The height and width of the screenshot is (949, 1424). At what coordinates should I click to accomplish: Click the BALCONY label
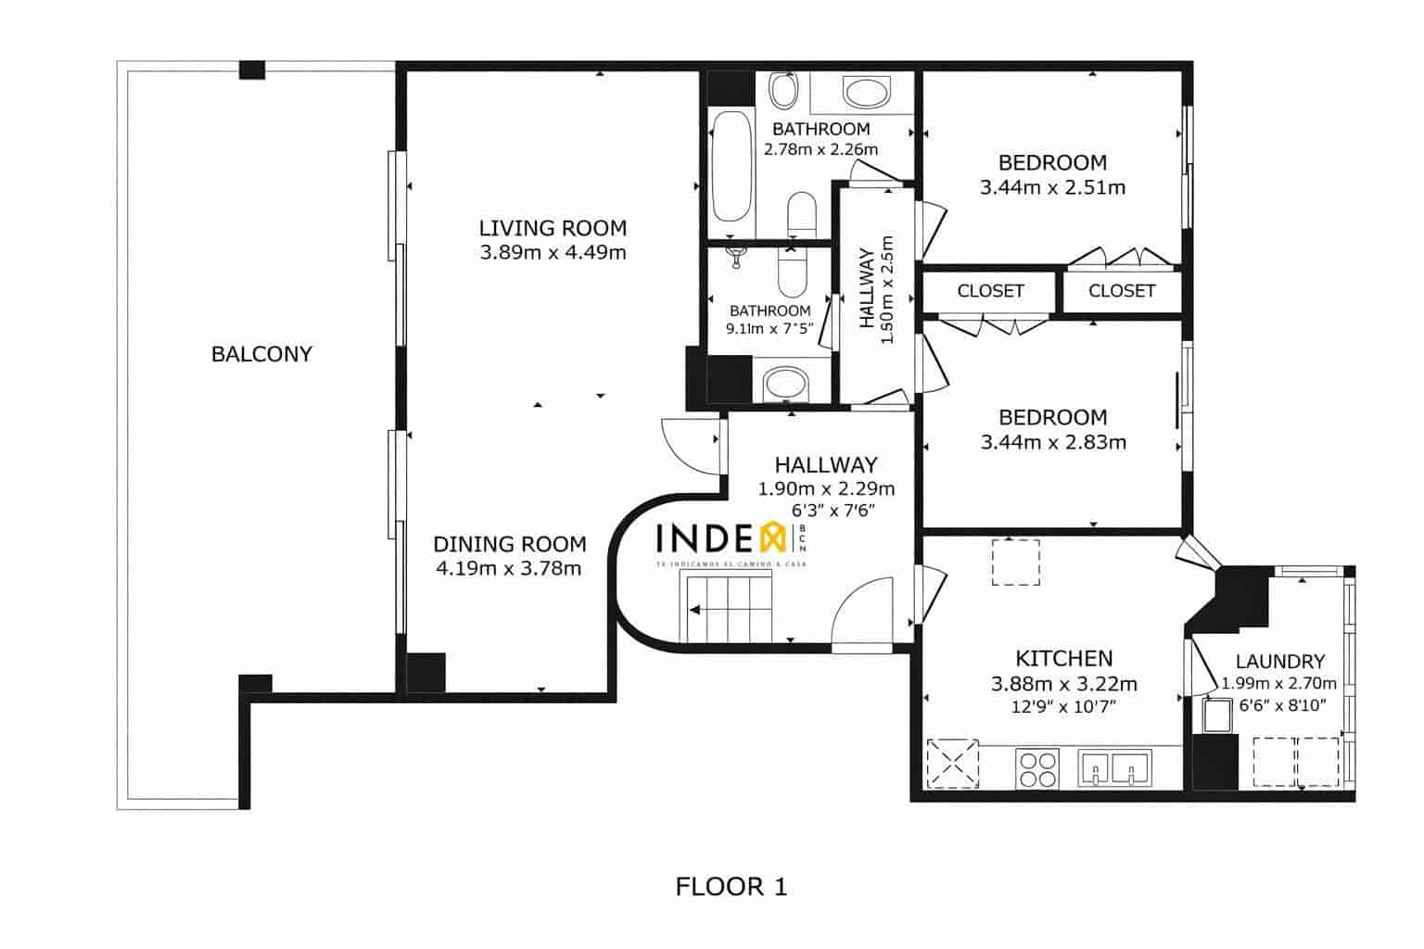coord(261,354)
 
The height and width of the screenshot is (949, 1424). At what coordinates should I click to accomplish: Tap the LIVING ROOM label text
coord(553,228)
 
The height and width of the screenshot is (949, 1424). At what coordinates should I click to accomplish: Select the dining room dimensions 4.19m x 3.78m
coord(508,568)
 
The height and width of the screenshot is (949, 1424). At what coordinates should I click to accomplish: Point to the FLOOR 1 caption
coord(731,887)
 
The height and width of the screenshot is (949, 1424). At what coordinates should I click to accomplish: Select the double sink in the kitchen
coord(1113,767)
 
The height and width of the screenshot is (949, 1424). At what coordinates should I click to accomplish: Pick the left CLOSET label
coord(990,291)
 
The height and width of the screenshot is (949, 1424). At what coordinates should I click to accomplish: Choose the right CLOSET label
coord(1122,291)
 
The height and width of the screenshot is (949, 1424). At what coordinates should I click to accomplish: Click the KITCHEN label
coord(1063,659)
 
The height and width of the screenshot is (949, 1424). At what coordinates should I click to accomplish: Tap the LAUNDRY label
coord(1279,662)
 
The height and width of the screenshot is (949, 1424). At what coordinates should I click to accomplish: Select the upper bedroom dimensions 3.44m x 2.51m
coord(1052,187)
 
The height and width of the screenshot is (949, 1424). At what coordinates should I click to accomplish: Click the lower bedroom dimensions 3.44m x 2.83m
coord(1053,442)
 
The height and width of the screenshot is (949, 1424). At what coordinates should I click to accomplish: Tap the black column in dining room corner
coord(426,673)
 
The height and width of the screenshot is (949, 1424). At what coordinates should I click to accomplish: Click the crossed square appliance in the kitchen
coord(953,763)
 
